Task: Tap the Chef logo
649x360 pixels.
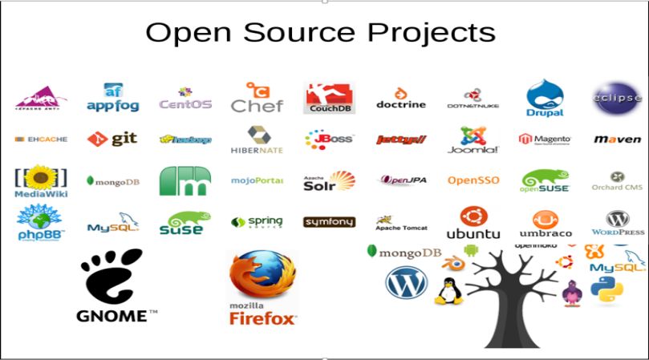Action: pyautogui.click(x=256, y=97)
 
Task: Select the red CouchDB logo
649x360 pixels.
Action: pyautogui.click(x=330, y=98)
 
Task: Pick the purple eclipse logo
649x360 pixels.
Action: pyautogui.click(x=616, y=98)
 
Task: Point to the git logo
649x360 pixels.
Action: pyautogui.click(x=112, y=139)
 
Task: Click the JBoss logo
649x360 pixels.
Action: pyautogui.click(x=329, y=140)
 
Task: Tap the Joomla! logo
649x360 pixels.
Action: pyautogui.click(x=473, y=140)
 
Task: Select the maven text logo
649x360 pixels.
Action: pyautogui.click(x=617, y=140)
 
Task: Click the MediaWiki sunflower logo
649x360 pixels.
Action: pyautogui.click(x=41, y=181)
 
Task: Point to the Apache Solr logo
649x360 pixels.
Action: pyautogui.click(x=329, y=180)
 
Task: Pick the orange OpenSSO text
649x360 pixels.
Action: pyautogui.click(x=473, y=180)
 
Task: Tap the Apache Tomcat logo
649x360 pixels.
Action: pyautogui.click(x=401, y=222)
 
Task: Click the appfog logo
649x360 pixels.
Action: pyautogui.click(x=112, y=98)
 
